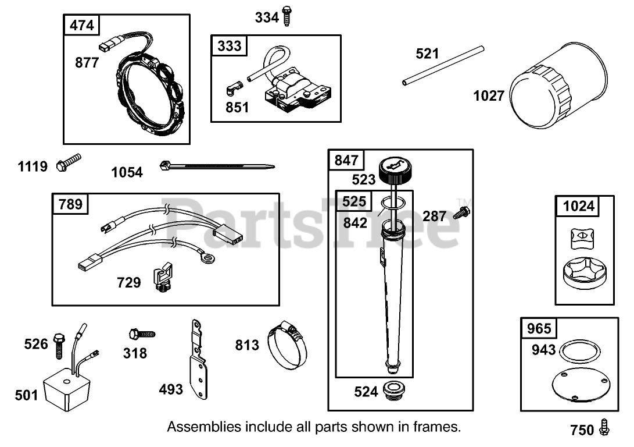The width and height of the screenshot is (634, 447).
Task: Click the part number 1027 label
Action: (x=489, y=95)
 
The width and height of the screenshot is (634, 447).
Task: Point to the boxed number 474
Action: (x=81, y=25)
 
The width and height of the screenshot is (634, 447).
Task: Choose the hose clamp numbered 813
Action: (x=287, y=348)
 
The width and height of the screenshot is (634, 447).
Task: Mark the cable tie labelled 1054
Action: (x=215, y=168)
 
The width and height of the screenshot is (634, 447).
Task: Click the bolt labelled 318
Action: (x=141, y=334)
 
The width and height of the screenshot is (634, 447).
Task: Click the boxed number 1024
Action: (x=579, y=206)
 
